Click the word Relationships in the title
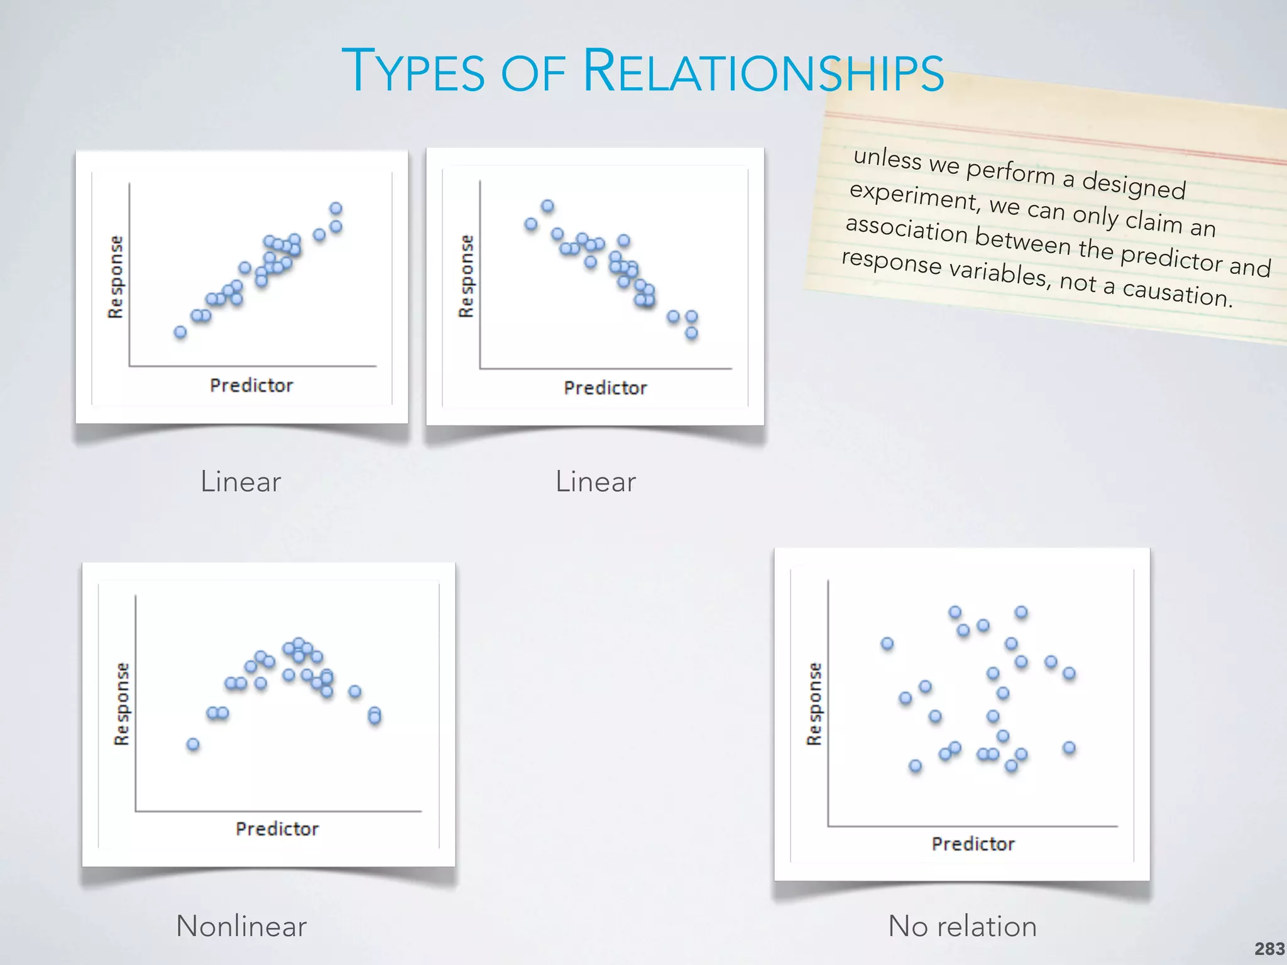tap(763, 72)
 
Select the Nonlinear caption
tap(241, 926)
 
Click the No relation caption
tap(962, 926)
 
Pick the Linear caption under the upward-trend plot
tap(241, 482)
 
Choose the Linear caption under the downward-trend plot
tap(596, 482)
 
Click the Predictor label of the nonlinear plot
tap(277, 829)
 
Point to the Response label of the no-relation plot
tap(814, 704)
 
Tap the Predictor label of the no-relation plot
tap(973, 844)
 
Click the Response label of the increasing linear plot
tap(116, 276)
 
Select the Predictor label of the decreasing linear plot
tap(605, 388)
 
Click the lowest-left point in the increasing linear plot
tap(180, 332)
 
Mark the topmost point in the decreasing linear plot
tap(547, 206)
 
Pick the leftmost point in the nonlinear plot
tap(193, 744)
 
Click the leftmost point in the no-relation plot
tap(887, 643)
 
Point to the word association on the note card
tap(906, 230)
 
